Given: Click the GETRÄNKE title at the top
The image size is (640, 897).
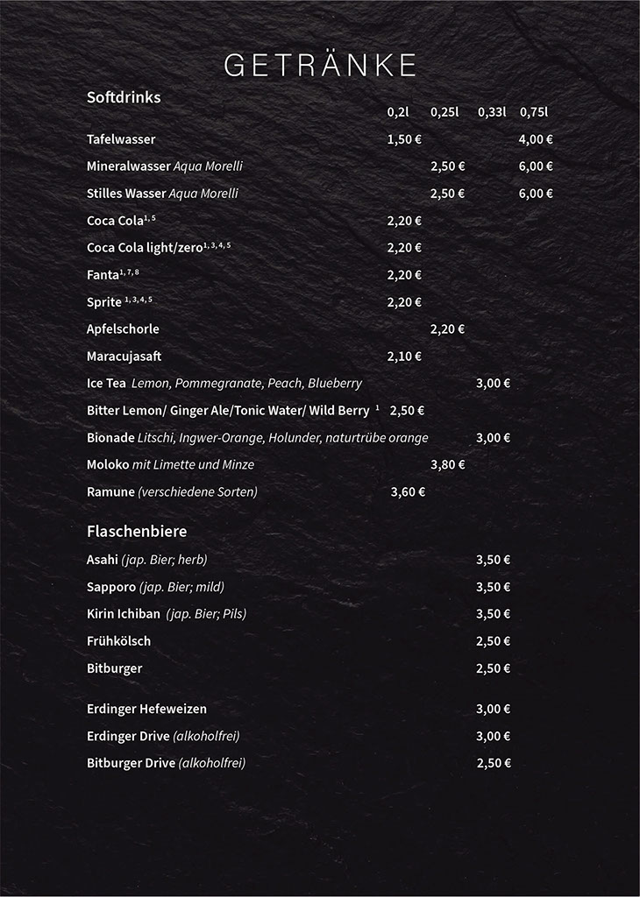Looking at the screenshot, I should pyautogui.click(x=320, y=66).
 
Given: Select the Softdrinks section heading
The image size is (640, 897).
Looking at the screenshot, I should pyautogui.click(x=124, y=97).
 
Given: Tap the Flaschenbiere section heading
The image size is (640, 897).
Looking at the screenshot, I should pyautogui.click(x=137, y=531).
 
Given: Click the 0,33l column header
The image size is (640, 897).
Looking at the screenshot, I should pyautogui.click(x=492, y=112).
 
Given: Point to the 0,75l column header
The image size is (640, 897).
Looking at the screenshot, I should pyautogui.click(x=533, y=112).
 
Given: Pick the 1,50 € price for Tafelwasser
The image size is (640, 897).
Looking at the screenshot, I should pyautogui.click(x=404, y=139).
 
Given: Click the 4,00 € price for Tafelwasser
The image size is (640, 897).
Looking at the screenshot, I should pyautogui.click(x=536, y=139).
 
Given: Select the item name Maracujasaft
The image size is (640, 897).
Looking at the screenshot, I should pyautogui.click(x=124, y=357).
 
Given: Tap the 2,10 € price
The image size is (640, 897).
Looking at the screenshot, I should pyautogui.click(x=404, y=357).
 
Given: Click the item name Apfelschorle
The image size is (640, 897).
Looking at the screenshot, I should pyautogui.click(x=123, y=329).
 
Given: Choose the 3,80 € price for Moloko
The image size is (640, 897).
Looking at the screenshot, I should pyautogui.click(x=448, y=465).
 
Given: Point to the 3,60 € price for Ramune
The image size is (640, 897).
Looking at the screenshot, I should pyautogui.click(x=408, y=492).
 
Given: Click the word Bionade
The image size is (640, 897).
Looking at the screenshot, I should pyautogui.click(x=110, y=438).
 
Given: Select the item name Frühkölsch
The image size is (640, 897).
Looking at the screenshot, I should pyautogui.click(x=118, y=641).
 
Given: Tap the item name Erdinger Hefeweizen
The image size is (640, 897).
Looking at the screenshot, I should pyautogui.click(x=146, y=709).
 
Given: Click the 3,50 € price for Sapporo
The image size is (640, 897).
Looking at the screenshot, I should pyautogui.click(x=493, y=587).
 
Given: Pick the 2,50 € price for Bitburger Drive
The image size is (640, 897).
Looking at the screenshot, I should pyautogui.click(x=494, y=763).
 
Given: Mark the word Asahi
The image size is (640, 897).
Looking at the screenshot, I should pyautogui.click(x=102, y=560).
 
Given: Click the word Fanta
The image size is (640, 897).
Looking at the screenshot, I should pyautogui.click(x=103, y=276).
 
